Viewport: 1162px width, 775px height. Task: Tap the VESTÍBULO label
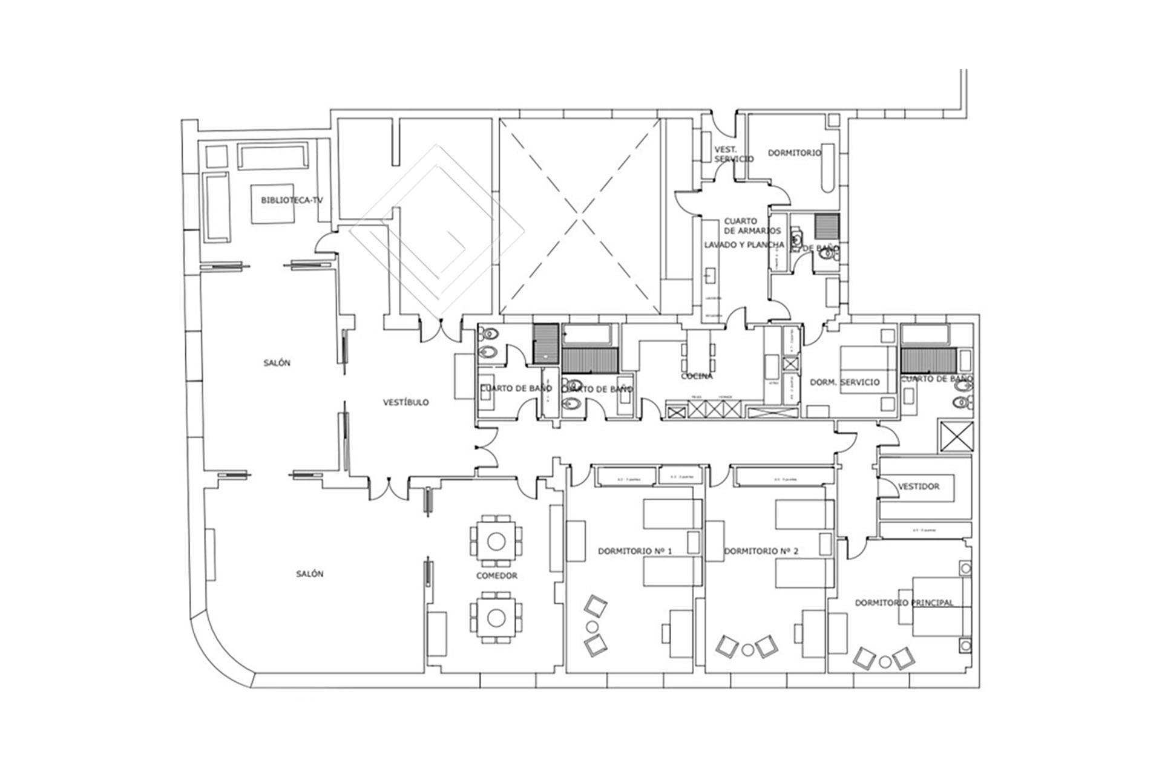[x=406, y=402]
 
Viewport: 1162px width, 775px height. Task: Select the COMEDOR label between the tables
[x=496, y=575]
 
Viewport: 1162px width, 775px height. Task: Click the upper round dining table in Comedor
[x=496, y=540]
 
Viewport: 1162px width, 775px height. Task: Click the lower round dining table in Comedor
[x=496, y=616]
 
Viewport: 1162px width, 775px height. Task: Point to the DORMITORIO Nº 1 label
[x=635, y=551]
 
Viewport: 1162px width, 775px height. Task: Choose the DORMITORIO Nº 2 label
[x=761, y=551]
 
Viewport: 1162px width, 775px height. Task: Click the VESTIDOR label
[x=919, y=486]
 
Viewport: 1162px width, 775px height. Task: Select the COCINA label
[x=697, y=376]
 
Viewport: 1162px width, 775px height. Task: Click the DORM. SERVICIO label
[x=844, y=382]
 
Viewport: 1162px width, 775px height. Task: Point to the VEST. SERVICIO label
[x=734, y=154]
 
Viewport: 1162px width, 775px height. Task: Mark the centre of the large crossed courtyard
[x=580, y=217]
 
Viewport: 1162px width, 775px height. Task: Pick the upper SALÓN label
[x=277, y=363]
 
